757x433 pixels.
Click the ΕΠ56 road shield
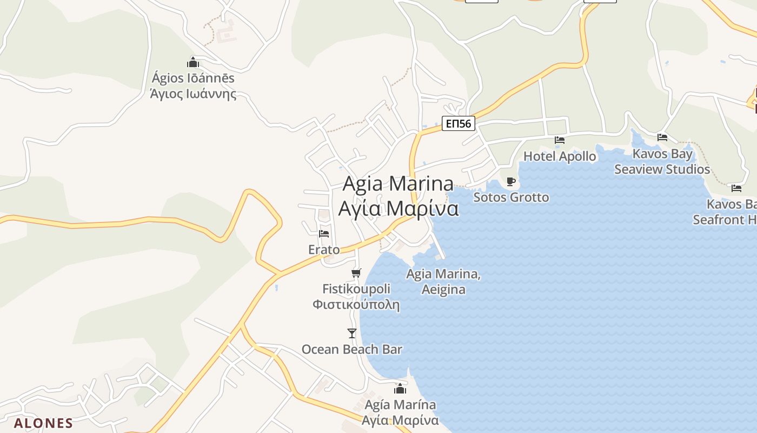[458, 124]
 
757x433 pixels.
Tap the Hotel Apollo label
[560, 156]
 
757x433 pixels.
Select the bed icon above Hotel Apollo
[560, 140]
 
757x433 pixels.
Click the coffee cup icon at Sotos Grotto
[511, 181]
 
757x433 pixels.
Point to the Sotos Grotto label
[511, 197]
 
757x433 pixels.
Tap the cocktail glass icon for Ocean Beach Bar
[352, 333]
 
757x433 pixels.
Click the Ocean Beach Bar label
[352, 349]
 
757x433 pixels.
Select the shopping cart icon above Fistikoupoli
[356, 273]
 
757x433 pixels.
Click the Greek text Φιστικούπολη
[356, 304]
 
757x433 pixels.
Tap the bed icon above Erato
[324, 233]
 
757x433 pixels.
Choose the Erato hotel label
[324, 250]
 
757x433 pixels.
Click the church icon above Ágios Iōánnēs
[193, 62]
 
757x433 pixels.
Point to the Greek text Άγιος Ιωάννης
[193, 94]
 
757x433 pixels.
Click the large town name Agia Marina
[399, 184]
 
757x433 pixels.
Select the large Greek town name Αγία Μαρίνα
[399, 208]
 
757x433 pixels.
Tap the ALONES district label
[43, 423]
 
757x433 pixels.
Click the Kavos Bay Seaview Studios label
[662, 161]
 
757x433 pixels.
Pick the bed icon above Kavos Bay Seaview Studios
[662, 137]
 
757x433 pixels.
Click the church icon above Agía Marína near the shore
[400, 389]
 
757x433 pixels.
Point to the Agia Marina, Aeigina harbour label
[443, 281]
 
